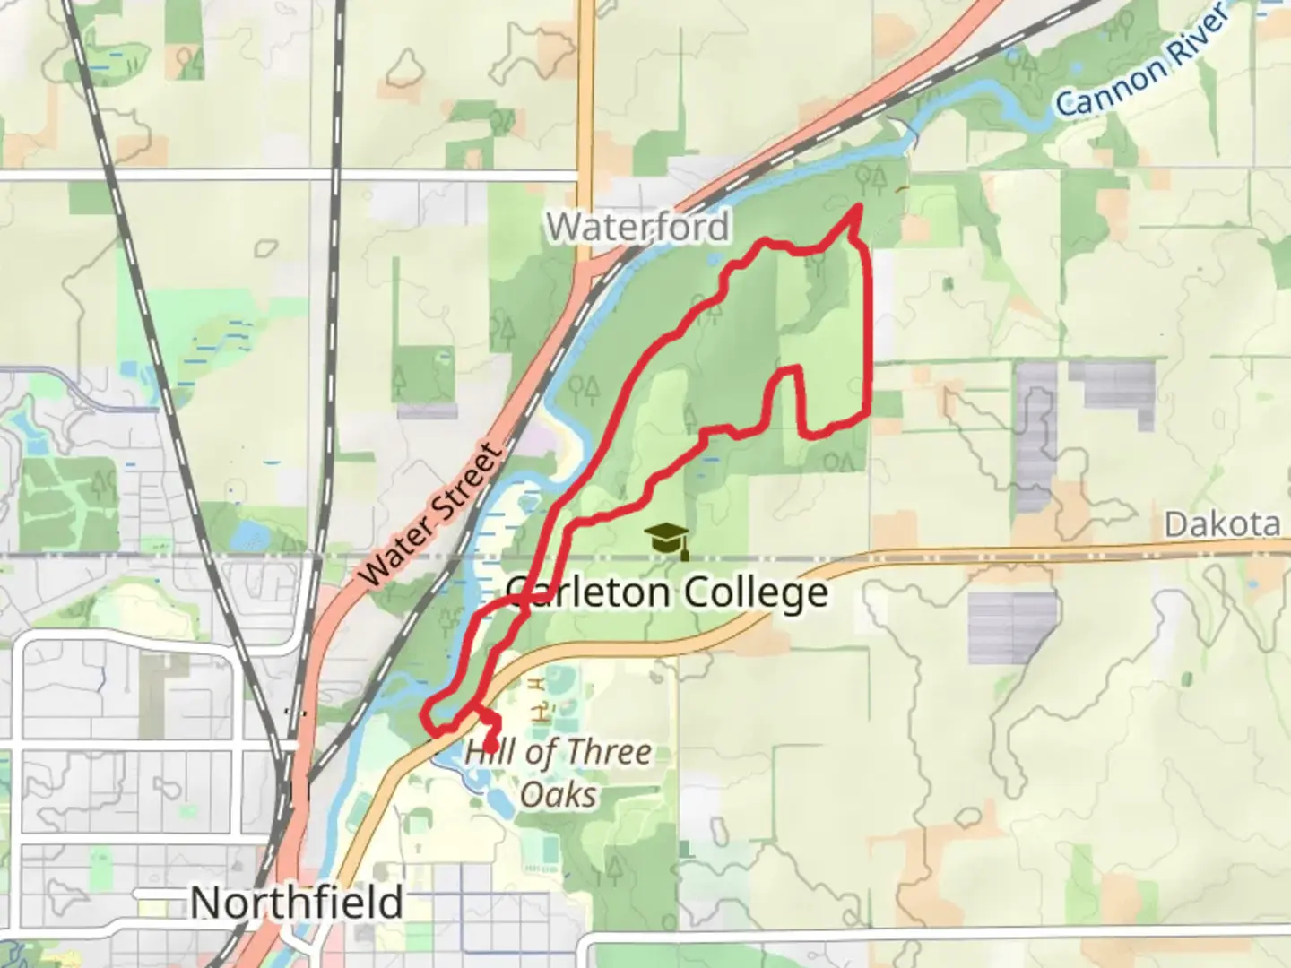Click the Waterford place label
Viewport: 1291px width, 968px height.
(x=637, y=227)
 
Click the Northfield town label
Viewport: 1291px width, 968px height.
(x=296, y=902)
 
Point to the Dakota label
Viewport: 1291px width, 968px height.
(x=1222, y=523)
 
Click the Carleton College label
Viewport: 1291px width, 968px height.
(x=666, y=592)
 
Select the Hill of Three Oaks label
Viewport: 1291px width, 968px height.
(x=558, y=773)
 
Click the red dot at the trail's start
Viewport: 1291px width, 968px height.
(x=491, y=746)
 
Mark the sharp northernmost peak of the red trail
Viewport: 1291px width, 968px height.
(x=858, y=208)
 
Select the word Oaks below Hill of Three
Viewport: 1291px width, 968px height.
(x=558, y=794)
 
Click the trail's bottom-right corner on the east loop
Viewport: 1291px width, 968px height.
(x=867, y=414)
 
